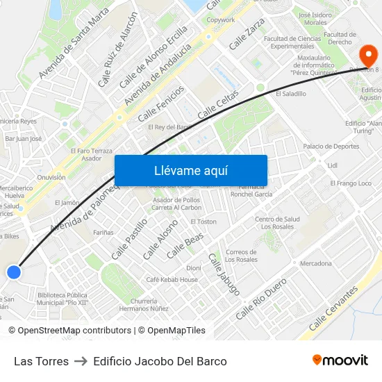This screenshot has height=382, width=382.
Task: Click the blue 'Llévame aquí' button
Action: [x=190, y=170]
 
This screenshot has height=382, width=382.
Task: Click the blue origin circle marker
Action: [x=13, y=272]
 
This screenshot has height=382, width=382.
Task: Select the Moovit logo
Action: [x=340, y=360]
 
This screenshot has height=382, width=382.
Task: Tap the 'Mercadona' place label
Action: [x=315, y=264]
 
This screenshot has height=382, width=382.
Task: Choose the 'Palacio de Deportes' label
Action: [x=331, y=147]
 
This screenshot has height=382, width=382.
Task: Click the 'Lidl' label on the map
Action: [x=332, y=165]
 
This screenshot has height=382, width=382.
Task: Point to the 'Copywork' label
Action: [x=221, y=20]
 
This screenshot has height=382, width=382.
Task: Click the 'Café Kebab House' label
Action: [x=172, y=279]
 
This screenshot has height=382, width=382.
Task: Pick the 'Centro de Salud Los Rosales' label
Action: [x=277, y=223]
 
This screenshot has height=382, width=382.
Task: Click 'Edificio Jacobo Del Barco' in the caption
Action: [x=160, y=361]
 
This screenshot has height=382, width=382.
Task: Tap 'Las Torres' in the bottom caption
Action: [x=41, y=361]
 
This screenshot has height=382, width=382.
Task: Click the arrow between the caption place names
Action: [x=81, y=361]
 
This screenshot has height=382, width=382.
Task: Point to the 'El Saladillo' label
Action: [x=290, y=93]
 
